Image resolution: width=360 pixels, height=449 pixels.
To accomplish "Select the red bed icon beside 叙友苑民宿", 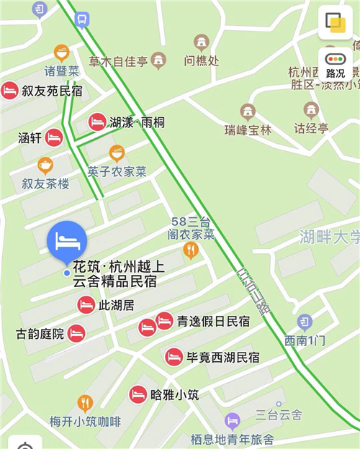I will click(x=10, y=91).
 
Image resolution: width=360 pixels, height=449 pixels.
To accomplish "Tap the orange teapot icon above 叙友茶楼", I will click(x=45, y=165).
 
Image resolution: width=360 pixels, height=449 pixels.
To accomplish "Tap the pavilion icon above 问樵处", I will click(x=201, y=42).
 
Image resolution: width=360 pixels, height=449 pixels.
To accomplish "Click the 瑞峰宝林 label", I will click(x=248, y=130).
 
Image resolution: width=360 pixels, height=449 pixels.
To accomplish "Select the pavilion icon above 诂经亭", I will click(x=311, y=110).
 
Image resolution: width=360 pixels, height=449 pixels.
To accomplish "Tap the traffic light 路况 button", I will click(x=336, y=63).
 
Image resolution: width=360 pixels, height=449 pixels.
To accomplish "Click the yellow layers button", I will click(x=336, y=22).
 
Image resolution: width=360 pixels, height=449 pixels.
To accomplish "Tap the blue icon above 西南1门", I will click(x=305, y=322).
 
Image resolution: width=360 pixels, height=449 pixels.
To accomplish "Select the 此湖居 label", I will click(x=116, y=305).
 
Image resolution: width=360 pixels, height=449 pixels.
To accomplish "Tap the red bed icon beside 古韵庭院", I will click(x=76, y=333).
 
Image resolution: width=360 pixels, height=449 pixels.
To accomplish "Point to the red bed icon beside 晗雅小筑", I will click(x=138, y=394).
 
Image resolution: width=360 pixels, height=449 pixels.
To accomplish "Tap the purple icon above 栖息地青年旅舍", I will click(x=232, y=421).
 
